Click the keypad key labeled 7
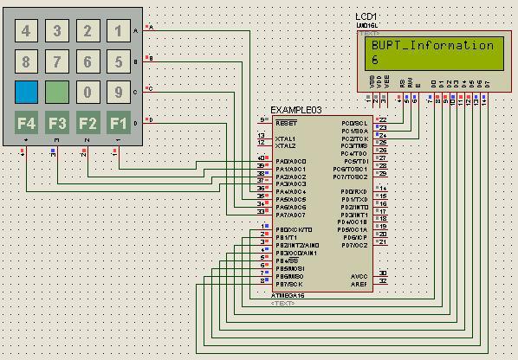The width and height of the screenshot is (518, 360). pos(57,62)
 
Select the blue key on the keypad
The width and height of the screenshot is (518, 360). pos(26,92)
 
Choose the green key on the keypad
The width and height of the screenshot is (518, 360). pos(57,92)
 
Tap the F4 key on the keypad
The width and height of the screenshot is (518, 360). pos(26,122)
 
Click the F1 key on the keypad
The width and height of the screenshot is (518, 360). pos(118,122)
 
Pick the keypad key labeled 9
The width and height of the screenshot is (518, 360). pos(118,92)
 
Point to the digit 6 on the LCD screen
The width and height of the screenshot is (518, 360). pos(375,60)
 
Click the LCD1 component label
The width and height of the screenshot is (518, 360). pos(366,17)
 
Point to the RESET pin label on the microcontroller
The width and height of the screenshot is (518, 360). pos(286,123)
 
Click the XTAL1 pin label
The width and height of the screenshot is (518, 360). pos(285,138)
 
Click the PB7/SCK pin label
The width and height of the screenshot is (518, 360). pos(289,284)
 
